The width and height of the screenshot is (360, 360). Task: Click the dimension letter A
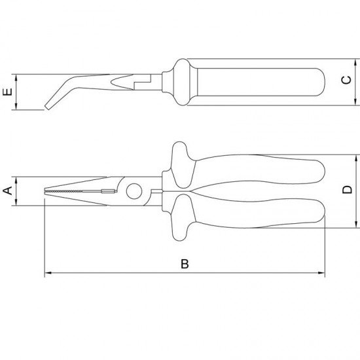click(7, 191)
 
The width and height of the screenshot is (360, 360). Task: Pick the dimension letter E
click(7, 92)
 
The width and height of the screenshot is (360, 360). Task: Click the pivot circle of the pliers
click(134, 191)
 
